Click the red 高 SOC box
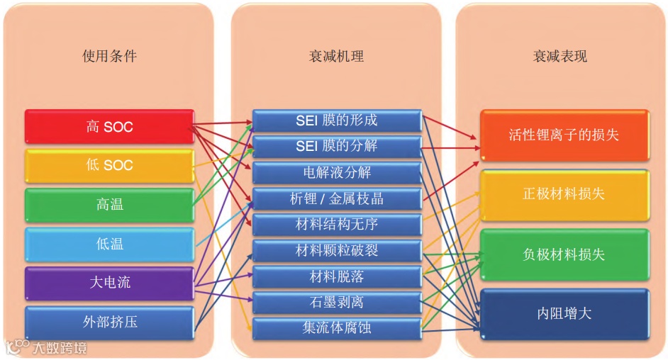[109, 127]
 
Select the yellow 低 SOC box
[109, 166]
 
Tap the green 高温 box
[109, 205]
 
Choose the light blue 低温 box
[109, 244]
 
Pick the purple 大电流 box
[109, 283]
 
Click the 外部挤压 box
[109, 322]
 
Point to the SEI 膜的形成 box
[337, 120]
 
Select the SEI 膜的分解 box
[337, 146]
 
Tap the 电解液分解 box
[337, 172]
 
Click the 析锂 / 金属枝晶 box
[337, 198]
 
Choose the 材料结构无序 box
[337, 225]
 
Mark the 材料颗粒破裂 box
[337, 250]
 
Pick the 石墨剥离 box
[337, 302]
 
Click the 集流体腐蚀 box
[337, 328]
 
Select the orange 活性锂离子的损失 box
[564, 134]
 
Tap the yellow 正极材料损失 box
[564, 193]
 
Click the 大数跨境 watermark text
[60, 348]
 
